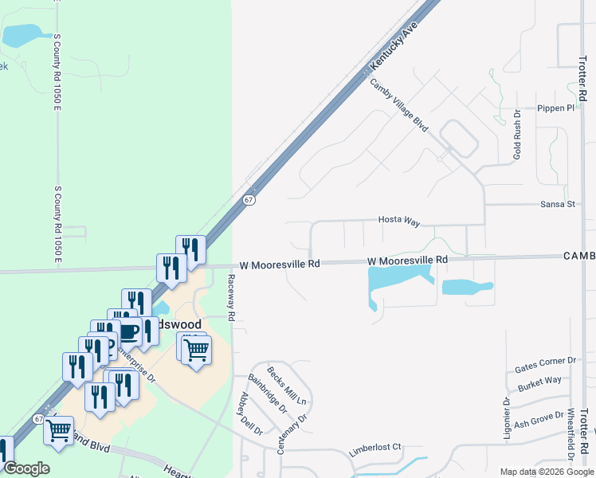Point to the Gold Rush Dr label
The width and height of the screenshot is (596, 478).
tap(517, 135)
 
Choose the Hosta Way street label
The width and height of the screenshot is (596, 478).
tap(398, 221)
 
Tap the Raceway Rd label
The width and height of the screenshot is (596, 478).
tap(231, 298)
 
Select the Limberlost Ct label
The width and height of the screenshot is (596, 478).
tap(374, 450)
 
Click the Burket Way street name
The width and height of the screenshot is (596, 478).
tap(539, 382)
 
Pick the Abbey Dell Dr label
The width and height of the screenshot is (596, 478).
tap(250, 413)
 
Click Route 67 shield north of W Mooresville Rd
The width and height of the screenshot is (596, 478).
tap(249, 200)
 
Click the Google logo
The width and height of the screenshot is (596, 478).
tap(27, 468)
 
